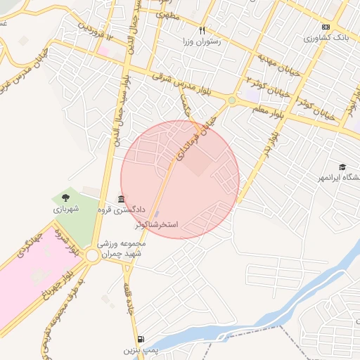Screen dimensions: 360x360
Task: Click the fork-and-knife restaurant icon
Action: (202, 30)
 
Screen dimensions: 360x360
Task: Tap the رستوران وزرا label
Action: (202, 42)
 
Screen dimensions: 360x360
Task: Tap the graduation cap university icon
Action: (342, 167)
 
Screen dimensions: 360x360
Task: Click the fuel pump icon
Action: (143, 338)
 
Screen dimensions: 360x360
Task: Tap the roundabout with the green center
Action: (231, 101)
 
